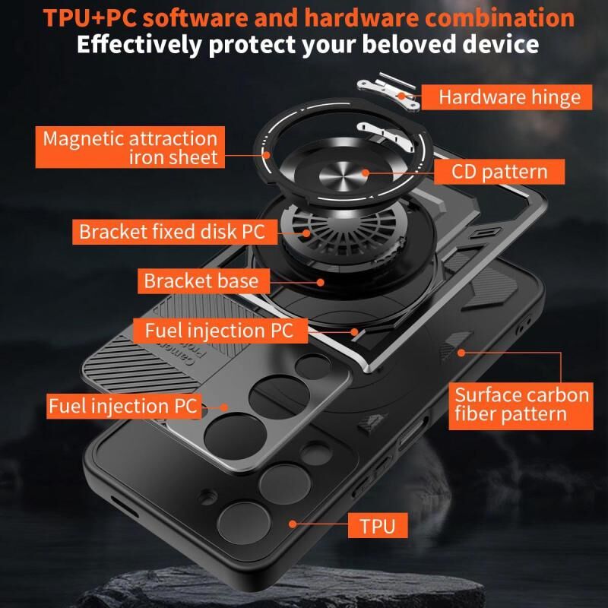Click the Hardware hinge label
tap(506, 97)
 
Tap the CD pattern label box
tap(499, 172)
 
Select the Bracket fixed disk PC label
tap(175, 232)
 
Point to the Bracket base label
tap(204, 280)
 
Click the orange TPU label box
tap(378, 525)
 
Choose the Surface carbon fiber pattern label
tap(521, 406)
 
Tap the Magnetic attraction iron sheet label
tap(130, 147)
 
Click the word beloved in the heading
tap(409, 44)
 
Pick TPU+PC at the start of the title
tap(90, 17)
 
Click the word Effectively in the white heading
tap(139, 45)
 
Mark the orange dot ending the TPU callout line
tap(293, 524)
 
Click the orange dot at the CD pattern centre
tap(365, 173)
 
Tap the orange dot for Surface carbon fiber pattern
tap(461, 353)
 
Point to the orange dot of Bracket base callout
tap(320, 282)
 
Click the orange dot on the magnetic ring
tap(267, 155)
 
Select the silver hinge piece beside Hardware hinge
tap(388, 91)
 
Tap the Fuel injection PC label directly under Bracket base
tap(220, 331)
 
